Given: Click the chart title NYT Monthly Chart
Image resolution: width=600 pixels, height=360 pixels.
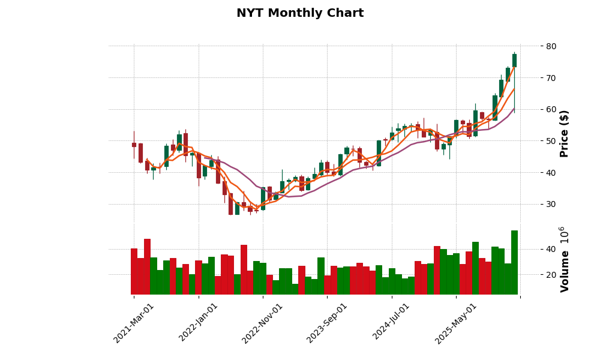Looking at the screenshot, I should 300,13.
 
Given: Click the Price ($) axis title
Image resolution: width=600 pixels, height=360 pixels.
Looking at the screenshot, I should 564,133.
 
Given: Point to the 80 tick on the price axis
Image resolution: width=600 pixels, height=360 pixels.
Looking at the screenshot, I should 551,46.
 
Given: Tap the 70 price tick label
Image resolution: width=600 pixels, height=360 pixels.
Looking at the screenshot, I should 551,78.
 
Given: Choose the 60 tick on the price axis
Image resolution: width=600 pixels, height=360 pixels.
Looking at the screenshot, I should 551,110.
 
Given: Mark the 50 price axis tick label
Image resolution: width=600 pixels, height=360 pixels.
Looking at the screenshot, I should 551,141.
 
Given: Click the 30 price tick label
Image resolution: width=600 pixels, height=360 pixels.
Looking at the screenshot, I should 551,204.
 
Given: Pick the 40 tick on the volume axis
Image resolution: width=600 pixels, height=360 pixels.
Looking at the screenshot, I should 551,249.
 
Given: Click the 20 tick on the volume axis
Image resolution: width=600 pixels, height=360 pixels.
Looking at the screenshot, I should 551,275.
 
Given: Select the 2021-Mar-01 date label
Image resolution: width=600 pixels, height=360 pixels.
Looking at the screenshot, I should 134,323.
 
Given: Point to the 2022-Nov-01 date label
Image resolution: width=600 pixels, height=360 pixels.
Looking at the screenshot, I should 263,323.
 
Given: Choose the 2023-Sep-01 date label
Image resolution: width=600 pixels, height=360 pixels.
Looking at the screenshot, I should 328,323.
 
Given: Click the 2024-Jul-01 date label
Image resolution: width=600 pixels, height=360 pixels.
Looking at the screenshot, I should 392,323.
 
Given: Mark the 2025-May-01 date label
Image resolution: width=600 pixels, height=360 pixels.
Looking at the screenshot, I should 456,323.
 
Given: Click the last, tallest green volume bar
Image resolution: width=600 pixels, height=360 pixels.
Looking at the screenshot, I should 514,263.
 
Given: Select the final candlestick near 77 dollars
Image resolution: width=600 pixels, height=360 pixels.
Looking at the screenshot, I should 514,60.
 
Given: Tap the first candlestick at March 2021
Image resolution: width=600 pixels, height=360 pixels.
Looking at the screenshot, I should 134,145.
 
